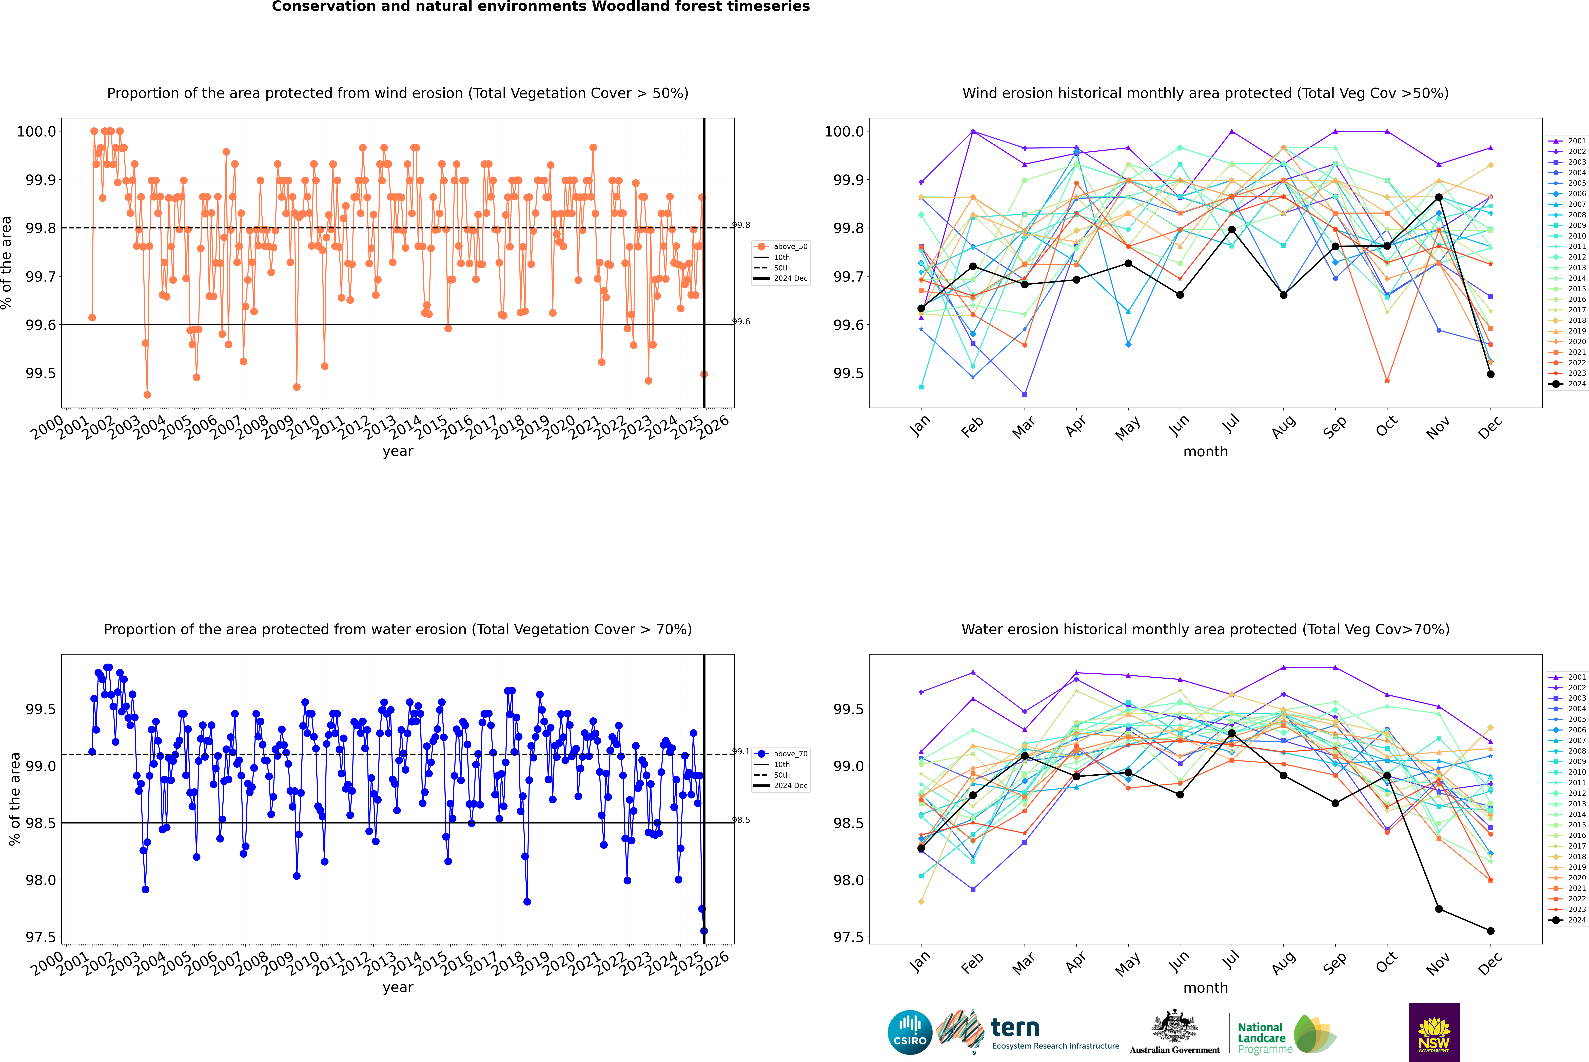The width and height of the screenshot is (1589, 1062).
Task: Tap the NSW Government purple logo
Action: [x=1434, y=1032]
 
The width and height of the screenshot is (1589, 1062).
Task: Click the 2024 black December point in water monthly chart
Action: [x=1490, y=931]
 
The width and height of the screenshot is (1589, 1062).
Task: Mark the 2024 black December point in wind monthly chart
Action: [x=1490, y=374]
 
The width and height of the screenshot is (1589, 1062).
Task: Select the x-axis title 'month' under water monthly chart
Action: [x=1205, y=988]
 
